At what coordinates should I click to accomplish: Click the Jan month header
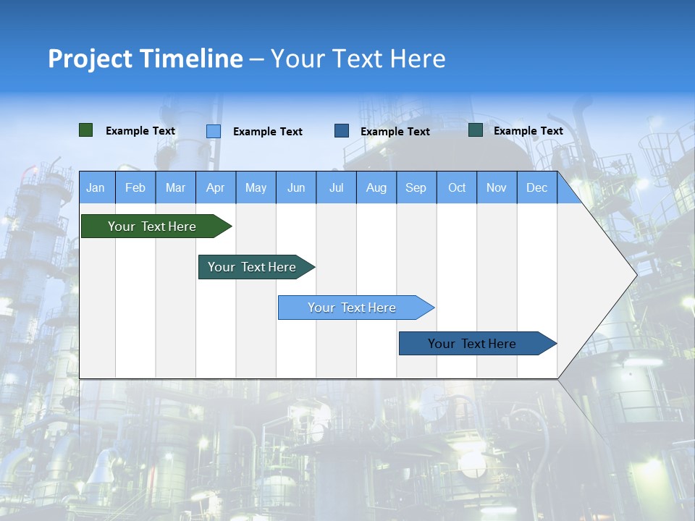pyautogui.click(x=96, y=188)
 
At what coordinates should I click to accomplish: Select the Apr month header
pyautogui.click(x=216, y=188)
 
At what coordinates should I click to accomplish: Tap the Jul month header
pyautogui.click(x=336, y=188)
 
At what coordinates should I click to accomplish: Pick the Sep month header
pyautogui.click(x=416, y=188)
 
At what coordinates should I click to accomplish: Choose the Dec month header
pyautogui.click(x=536, y=188)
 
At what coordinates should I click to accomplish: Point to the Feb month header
pyautogui.click(x=135, y=188)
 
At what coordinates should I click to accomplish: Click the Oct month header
pyautogui.click(x=457, y=188)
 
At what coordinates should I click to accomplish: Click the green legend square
pyautogui.click(x=85, y=130)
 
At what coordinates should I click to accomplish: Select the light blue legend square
pyautogui.click(x=214, y=131)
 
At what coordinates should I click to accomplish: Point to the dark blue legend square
pyautogui.click(x=342, y=131)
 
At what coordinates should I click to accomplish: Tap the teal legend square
pyautogui.click(x=476, y=130)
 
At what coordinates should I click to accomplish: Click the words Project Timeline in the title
pyautogui.click(x=145, y=59)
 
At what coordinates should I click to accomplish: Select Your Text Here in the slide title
pyautogui.click(x=358, y=59)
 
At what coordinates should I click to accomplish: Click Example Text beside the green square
pyautogui.click(x=140, y=131)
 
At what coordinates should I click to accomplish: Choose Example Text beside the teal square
pyautogui.click(x=528, y=131)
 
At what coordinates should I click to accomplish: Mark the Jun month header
pyautogui.click(x=296, y=188)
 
